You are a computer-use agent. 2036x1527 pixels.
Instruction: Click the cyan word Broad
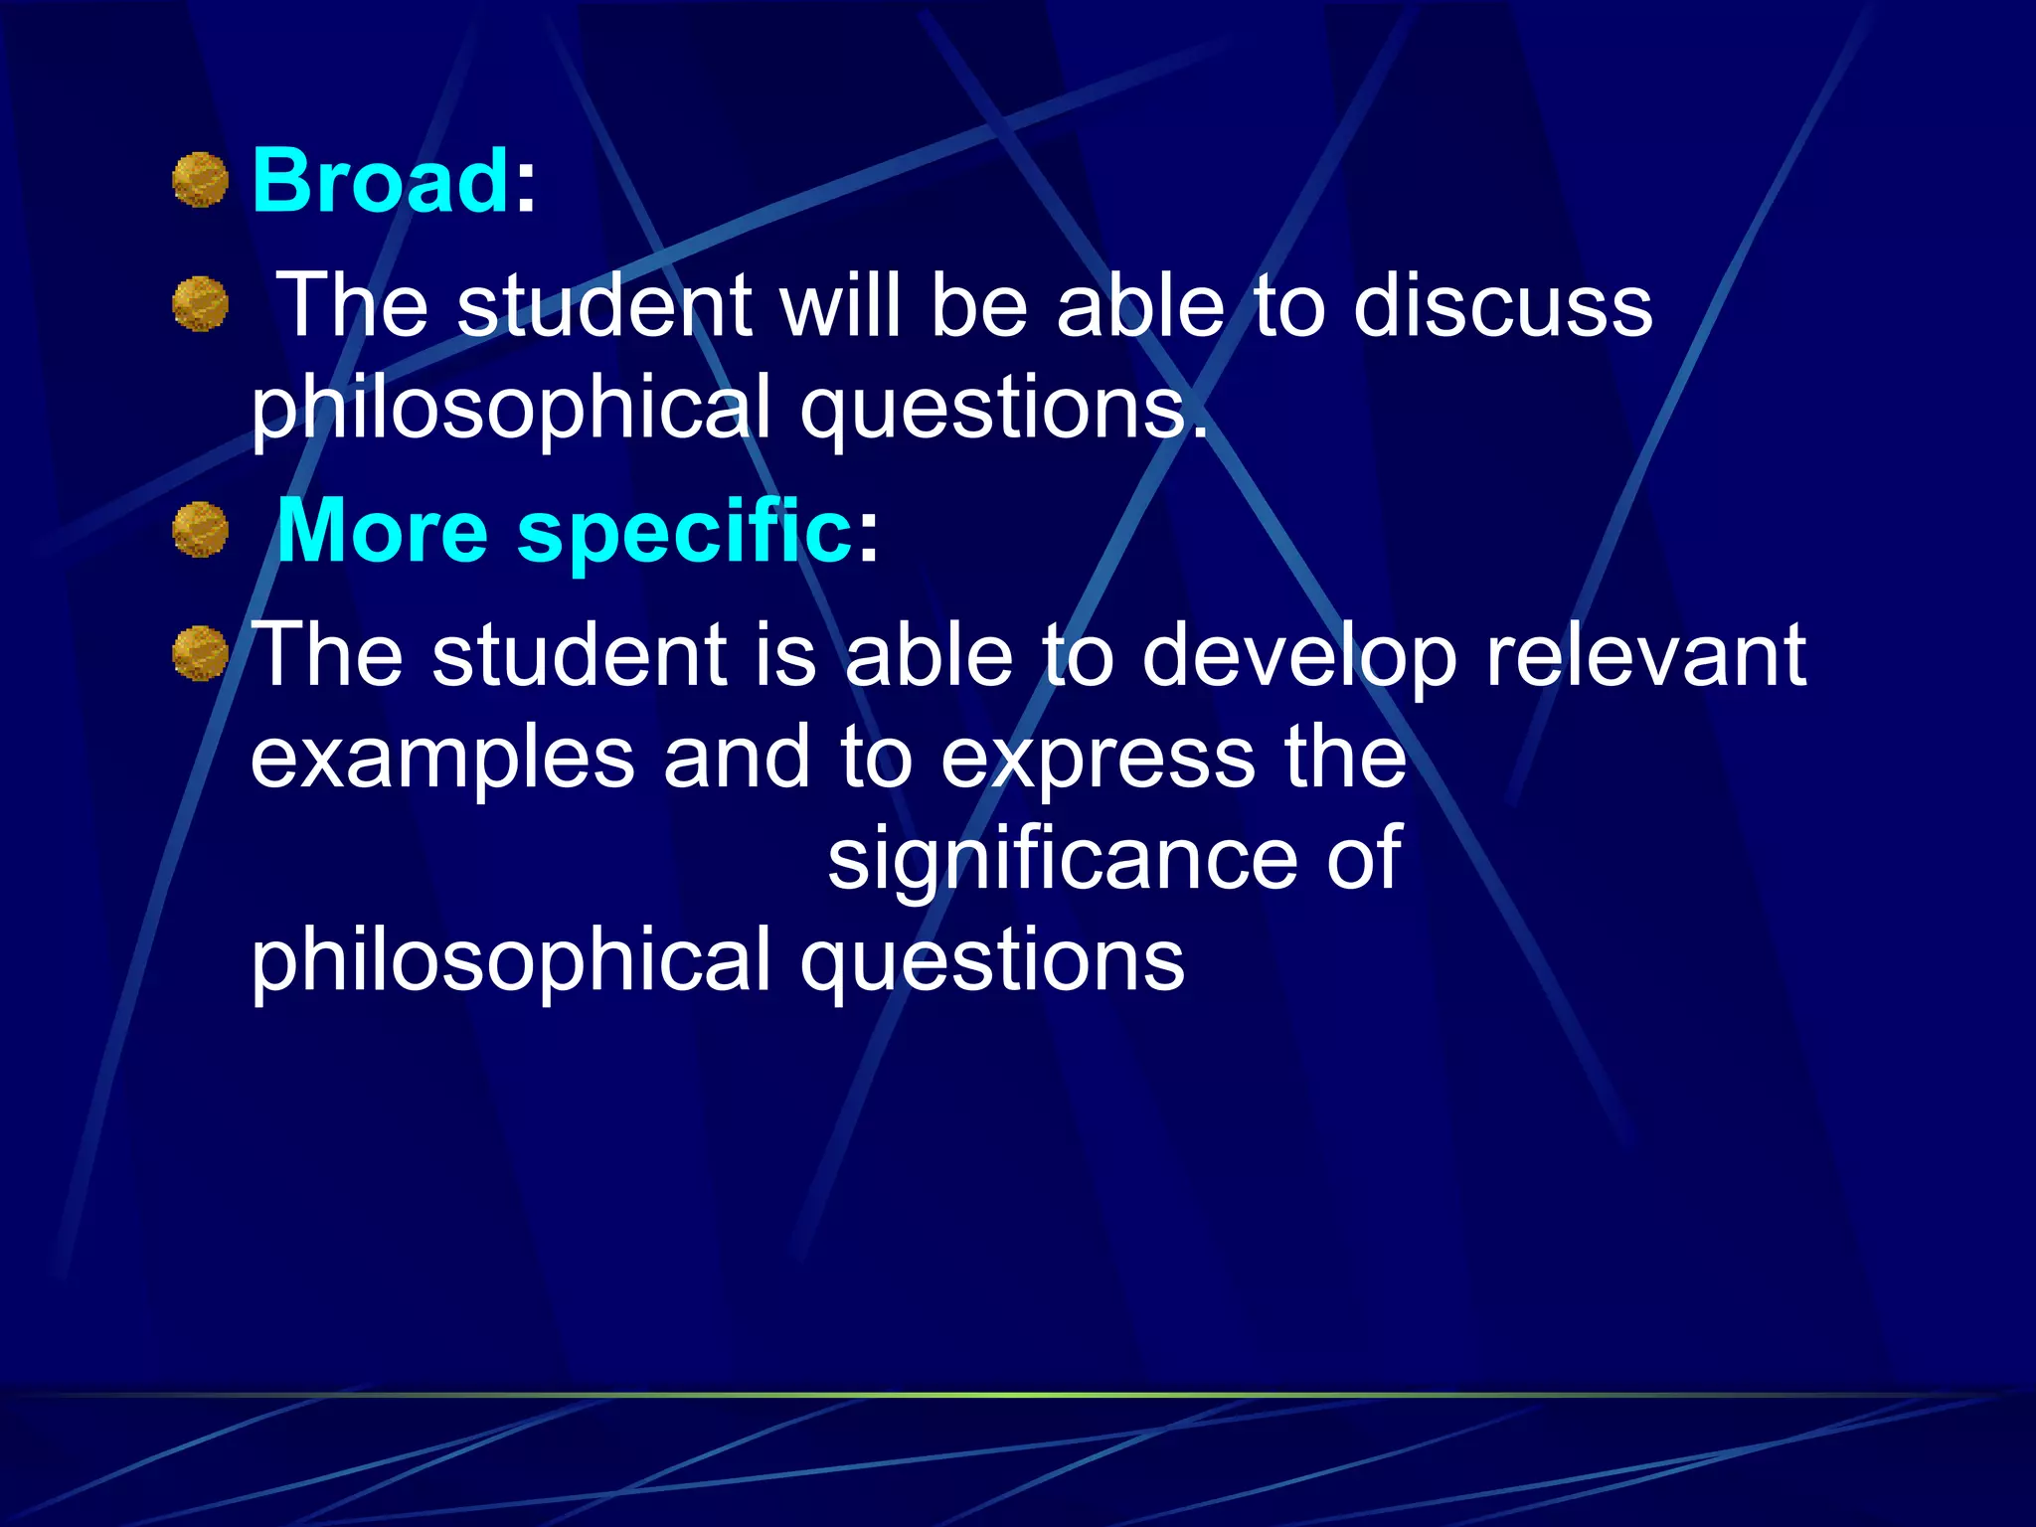pyautogui.click(x=381, y=181)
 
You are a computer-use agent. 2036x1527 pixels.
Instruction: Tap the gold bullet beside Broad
pyautogui.click(x=201, y=180)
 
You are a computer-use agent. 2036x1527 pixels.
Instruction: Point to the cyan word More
pyautogui.click(x=383, y=531)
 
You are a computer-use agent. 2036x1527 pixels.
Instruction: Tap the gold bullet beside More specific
pyautogui.click(x=201, y=530)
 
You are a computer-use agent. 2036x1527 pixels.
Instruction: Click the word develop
pyautogui.click(x=1299, y=657)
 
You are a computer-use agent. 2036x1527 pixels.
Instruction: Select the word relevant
pyautogui.click(x=1645, y=655)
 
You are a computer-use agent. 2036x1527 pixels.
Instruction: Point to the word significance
pyautogui.click(x=1062, y=861)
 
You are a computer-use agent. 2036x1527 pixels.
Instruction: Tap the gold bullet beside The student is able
pyautogui.click(x=201, y=654)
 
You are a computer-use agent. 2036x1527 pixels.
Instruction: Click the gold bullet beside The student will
pyautogui.click(x=201, y=304)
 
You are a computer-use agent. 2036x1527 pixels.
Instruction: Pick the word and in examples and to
pyautogui.click(x=737, y=758)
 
